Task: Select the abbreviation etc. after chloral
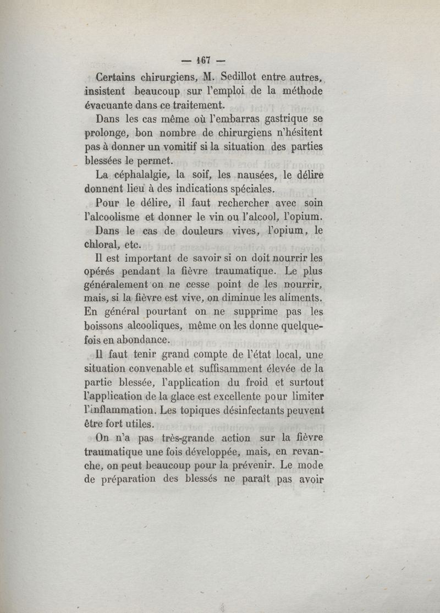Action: pyautogui.click(x=142, y=245)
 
